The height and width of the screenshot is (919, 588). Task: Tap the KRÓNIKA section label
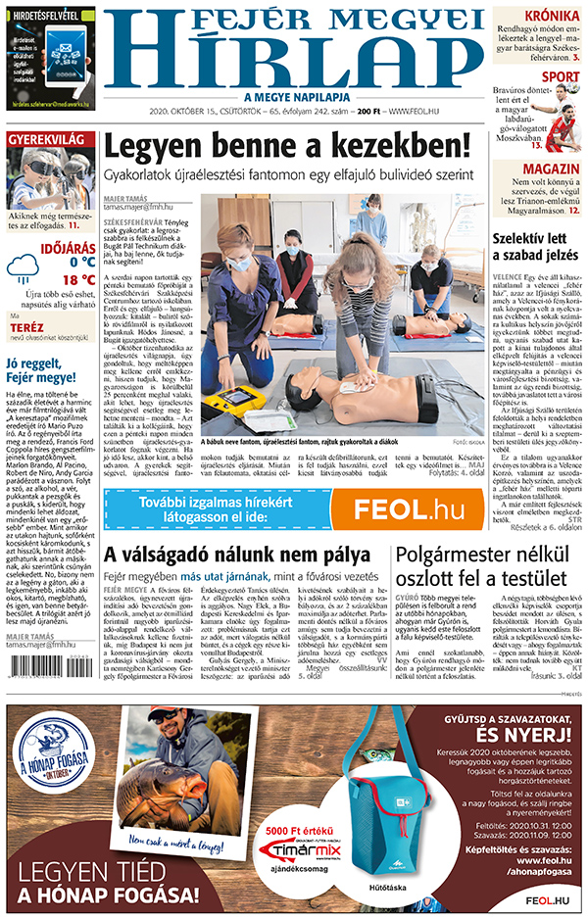pyautogui.click(x=550, y=17)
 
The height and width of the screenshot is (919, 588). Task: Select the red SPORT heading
pyautogui.click(x=560, y=76)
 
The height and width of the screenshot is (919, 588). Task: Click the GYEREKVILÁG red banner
pyautogui.click(x=43, y=139)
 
